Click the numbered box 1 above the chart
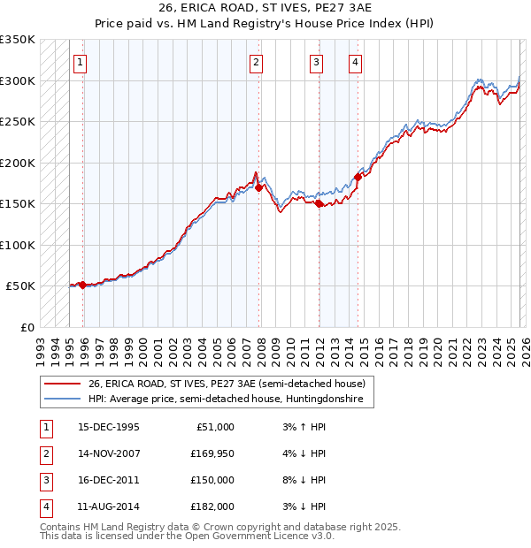[x=80, y=62]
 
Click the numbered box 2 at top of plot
[x=256, y=62]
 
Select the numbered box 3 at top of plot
[x=316, y=62]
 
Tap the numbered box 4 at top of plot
[x=355, y=62]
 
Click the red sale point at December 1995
[x=83, y=285]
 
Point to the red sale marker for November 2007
[x=258, y=187]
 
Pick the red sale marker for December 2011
[x=319, y=203]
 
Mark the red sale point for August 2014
[x=358, y=177]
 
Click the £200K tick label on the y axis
[x=18, y=163]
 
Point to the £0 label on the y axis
[x=27, y=327]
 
